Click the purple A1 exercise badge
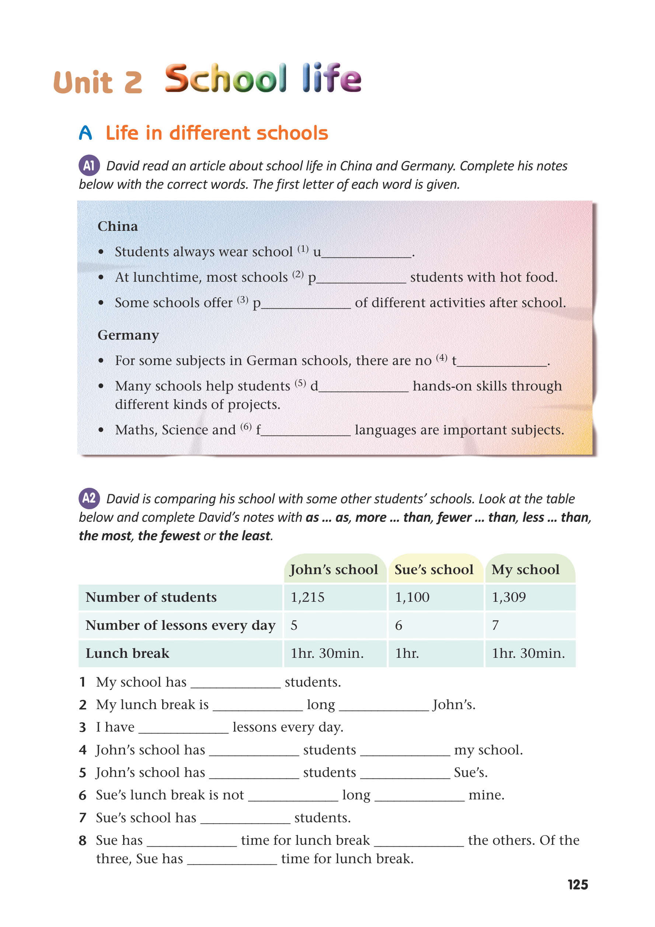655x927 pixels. (89, 166)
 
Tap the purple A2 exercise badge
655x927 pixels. (89, 498)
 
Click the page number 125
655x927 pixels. (578, 885)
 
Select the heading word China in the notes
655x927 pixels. (118, 226)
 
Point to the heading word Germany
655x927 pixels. (128, 335)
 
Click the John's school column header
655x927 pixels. (334, 569)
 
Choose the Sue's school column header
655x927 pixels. (434, 569)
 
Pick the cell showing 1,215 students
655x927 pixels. (307, 597)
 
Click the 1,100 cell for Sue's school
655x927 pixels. (412, 597)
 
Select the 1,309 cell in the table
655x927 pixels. (509, 597)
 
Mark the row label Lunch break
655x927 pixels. (128, 653)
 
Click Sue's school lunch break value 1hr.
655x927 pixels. (407, 653)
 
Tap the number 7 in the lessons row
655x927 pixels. (495, 625)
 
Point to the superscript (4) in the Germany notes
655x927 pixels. (442, 357)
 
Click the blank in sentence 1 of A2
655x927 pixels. (235, 683)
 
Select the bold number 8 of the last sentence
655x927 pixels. (83, 840)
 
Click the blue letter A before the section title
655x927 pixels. (86, 133)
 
